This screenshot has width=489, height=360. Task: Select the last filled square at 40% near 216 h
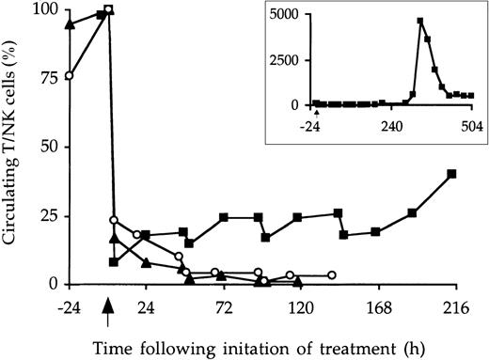tap(452, 174)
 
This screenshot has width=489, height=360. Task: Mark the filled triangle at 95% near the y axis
tap(69, 23)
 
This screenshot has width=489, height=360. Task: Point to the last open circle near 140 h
tap(332, 275)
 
